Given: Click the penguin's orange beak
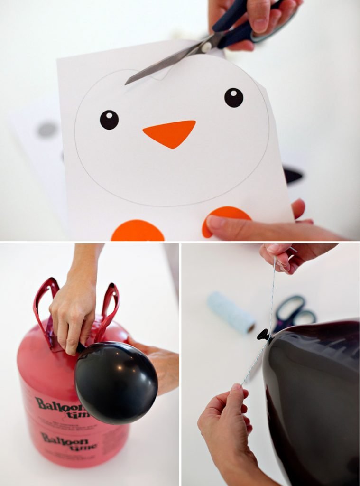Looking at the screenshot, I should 169,133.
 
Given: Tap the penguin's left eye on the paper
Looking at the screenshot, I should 109,120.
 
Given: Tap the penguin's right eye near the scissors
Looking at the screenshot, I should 233,97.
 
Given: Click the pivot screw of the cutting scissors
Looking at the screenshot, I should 206,47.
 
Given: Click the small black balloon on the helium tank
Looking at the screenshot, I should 116,382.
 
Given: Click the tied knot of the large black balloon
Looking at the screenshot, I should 264,336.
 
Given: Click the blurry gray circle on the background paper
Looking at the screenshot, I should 47,129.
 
